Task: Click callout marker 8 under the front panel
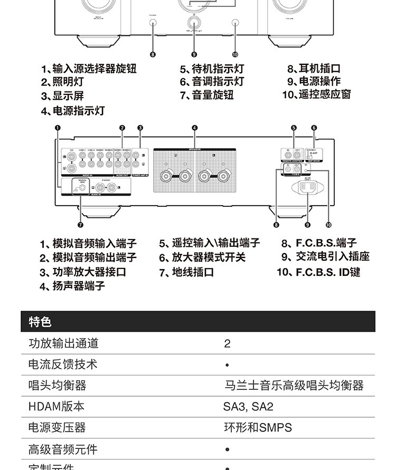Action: click(153, 54)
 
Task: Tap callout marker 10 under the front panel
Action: click(235, 54)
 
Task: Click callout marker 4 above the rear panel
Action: click(194, 128)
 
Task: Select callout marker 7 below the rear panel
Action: click(80, 225)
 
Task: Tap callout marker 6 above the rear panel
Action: click(314, 128)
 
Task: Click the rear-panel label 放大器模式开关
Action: click(202, 257)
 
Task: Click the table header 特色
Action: click(40, 321)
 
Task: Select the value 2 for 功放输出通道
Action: click(227, 343)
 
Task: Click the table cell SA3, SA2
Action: click(248, 407)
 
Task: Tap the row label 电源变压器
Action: click(57, 428)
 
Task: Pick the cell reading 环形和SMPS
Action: click(258, 428)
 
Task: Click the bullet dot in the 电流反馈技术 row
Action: click(227, 365)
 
